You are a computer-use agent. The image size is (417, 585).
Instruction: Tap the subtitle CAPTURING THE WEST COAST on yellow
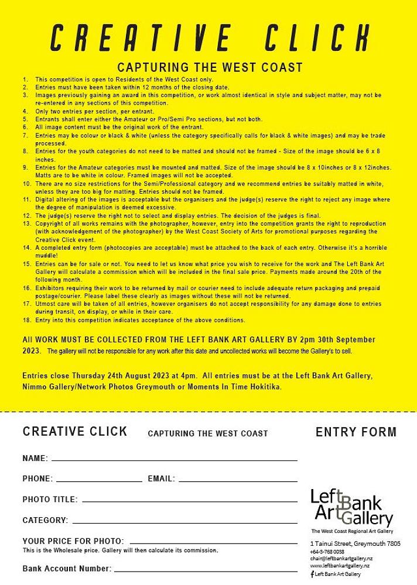tap(210, 67)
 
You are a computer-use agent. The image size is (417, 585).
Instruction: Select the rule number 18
tap(26, 320)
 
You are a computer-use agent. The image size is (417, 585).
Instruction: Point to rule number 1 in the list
tap(25, 79)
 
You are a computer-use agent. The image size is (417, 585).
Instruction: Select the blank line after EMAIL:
tap(237, 480)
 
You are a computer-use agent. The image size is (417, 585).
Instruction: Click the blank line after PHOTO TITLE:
tap(189, 501)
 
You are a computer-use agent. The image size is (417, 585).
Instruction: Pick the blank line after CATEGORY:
tap(184, 522)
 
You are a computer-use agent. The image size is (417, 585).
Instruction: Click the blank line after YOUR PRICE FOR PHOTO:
tap(213, 542)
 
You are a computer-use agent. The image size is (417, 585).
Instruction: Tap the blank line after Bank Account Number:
tap(206, 570)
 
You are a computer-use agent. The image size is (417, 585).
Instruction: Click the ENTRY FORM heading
tap(356, 432)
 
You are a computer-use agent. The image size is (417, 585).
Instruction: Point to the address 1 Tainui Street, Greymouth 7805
tap(355, 543)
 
